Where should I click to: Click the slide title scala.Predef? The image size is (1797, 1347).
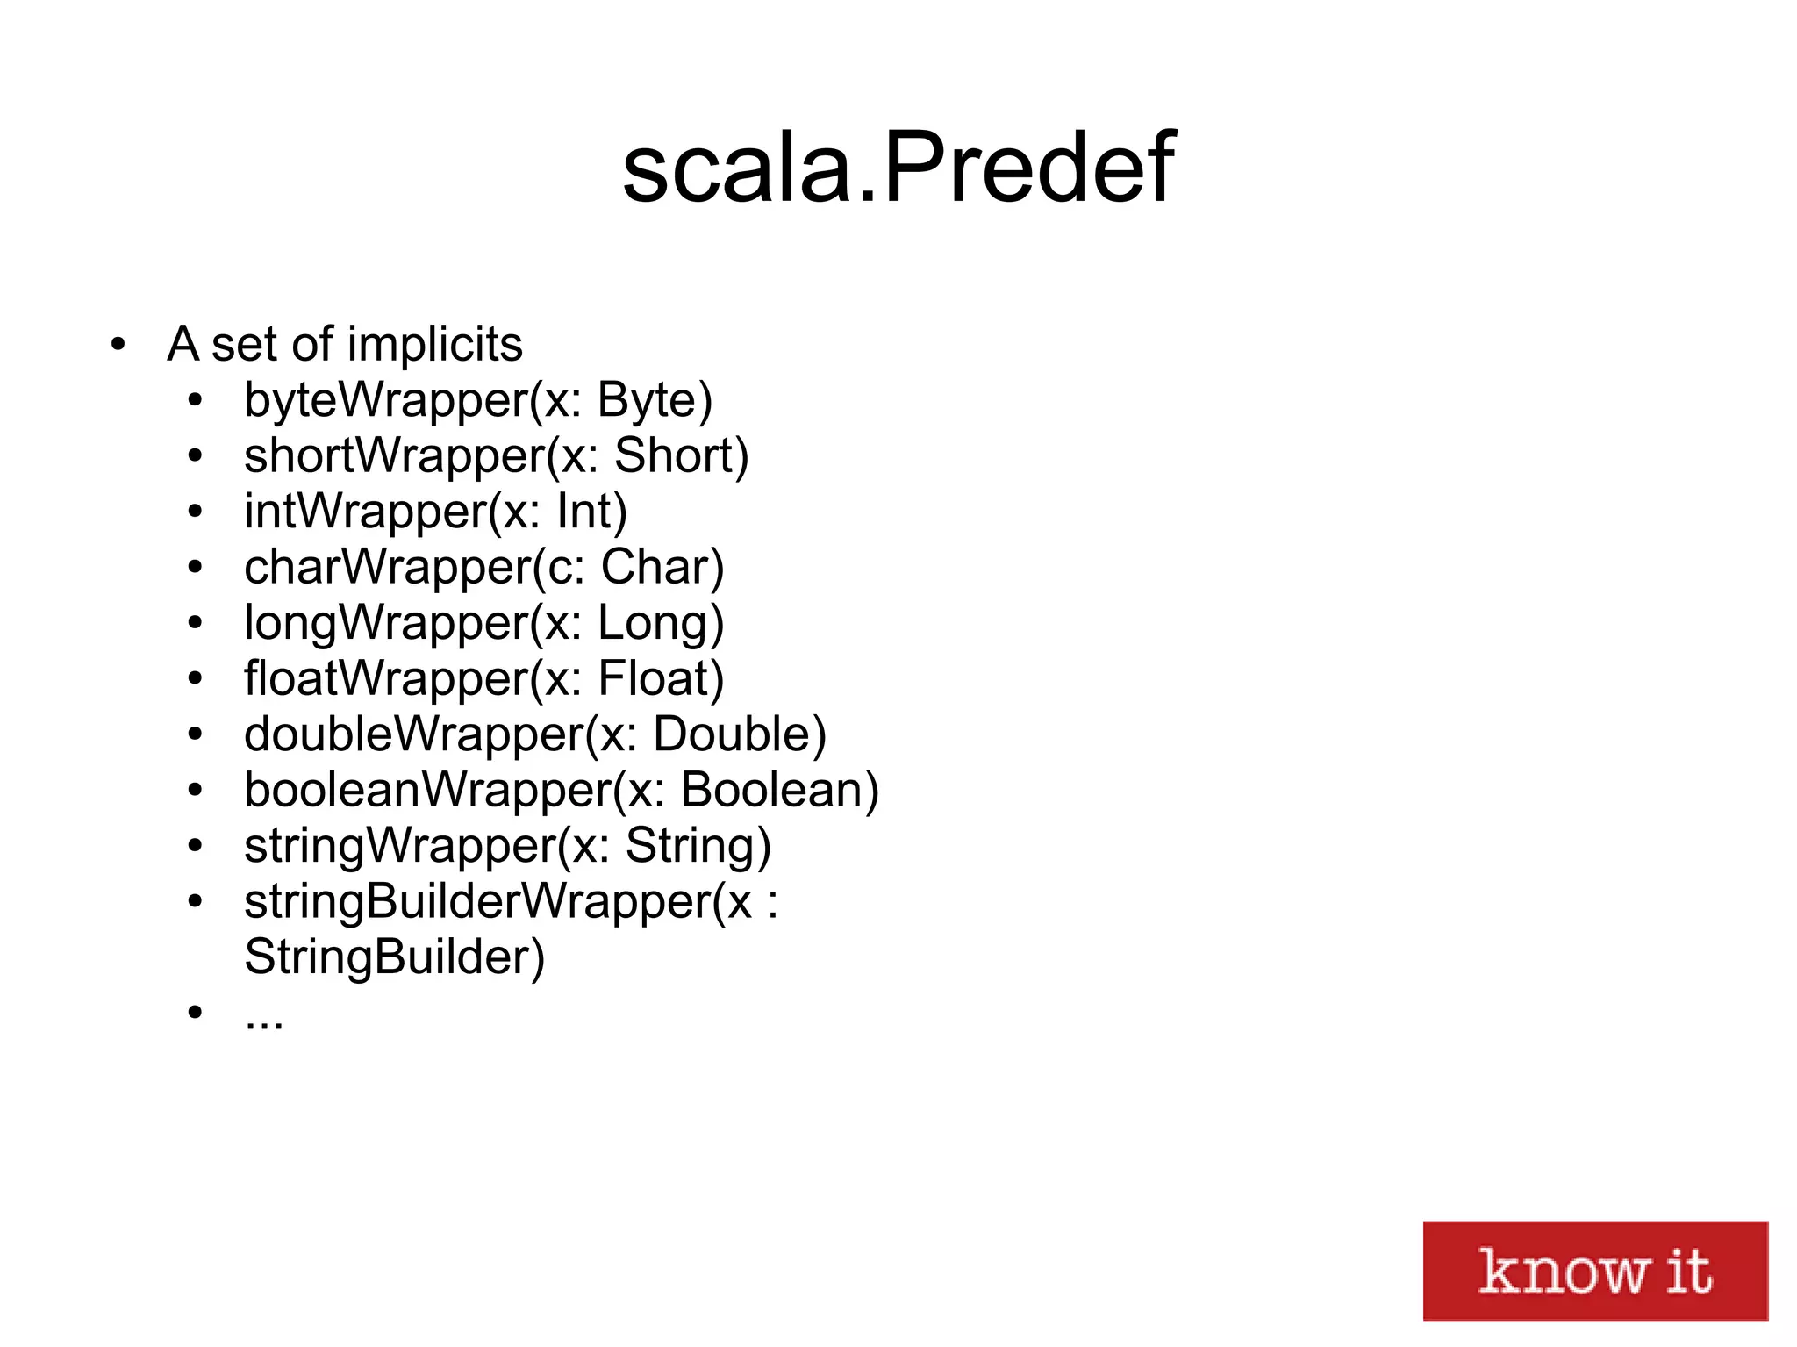pyautogui.click(x=898, y=167)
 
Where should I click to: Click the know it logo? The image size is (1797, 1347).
pyautogui.click(x=1594, y=1270)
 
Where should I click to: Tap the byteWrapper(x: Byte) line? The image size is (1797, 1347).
pyautogui.click(x=478, y=400)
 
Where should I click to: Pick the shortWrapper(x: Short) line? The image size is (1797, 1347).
pyautogui.click(x=497, y=455)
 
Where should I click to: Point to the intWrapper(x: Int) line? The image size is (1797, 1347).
pyautogui.click(x=436, y=512)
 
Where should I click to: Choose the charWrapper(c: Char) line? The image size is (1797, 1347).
pyautogui.click(x=484, y=567)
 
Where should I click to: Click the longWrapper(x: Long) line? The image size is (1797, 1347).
pyautogui.click(x=484, y=623)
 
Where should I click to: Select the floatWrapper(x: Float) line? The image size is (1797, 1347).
pyautogui.click(x=484, y=678)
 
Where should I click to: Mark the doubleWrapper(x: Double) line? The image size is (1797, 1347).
pyautogui.click(x=535, y=734)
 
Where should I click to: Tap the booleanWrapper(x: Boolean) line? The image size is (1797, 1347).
pyautogui.click(x=562, y=790)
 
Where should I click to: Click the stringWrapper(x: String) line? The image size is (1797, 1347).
pyautogui.click(x=508, y=846)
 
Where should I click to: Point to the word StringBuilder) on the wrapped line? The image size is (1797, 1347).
pyautogui.click(x=395, y=957)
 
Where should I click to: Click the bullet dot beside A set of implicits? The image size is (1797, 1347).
pyautogui.click(x=118, y=345)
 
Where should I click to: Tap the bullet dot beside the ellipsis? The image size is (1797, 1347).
pyautogui.click(x=195, y=1013)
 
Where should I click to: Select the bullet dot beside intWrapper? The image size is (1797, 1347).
pyautogui.click(x=195, y=512)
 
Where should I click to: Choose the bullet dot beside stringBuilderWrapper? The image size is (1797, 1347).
pyautogui.click(x=195, y=901)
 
